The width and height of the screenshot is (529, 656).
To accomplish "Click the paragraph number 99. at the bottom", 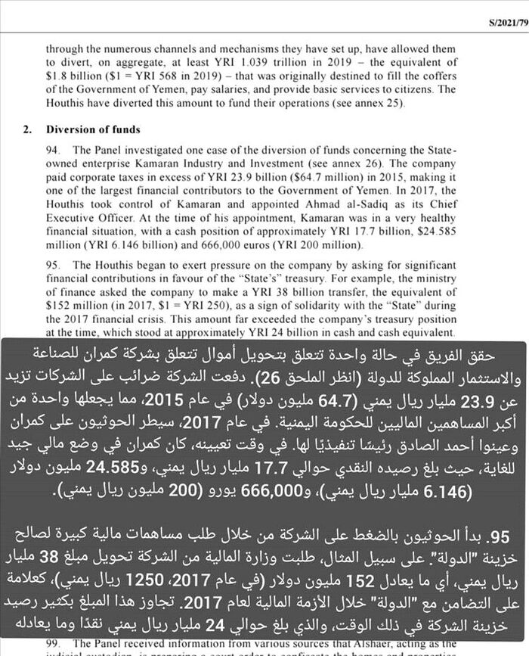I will pos(54,644).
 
